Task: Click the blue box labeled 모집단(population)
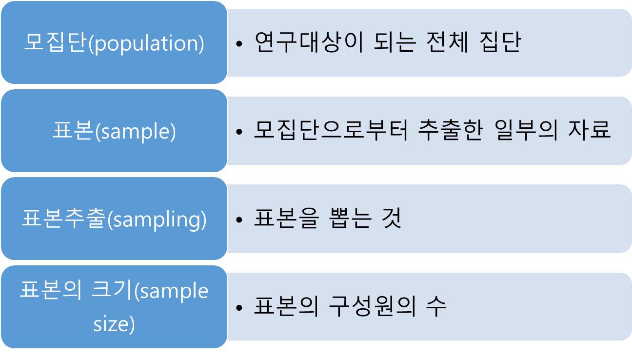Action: [114, 43]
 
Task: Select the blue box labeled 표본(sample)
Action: [114, 131]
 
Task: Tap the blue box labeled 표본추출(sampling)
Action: [114, 219]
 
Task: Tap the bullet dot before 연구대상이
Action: [239, 44]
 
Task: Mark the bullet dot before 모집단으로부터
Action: [239, 132]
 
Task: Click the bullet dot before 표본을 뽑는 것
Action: [239, 220]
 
